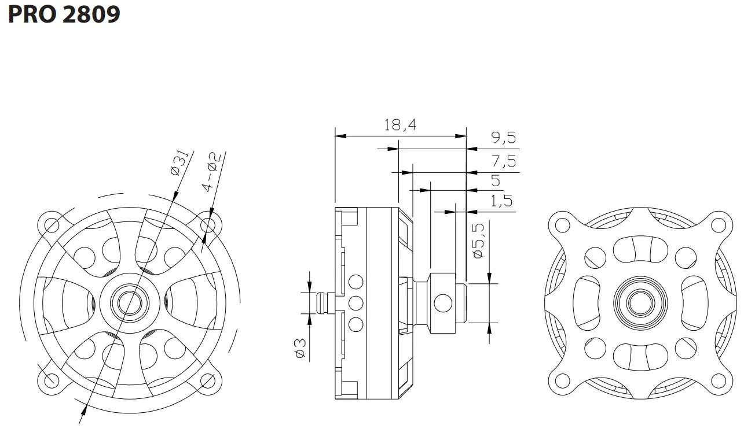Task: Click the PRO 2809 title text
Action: pyautogui.click(x=64, y=13)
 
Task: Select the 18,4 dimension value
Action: pyautogui.click(x=401, y=125)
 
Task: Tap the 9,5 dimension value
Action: pyautogui.click(x=503, y=138)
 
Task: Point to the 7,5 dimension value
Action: pyautogui.click(x=503, y=161)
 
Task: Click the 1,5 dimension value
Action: pyautogui.click(x=501, y=201)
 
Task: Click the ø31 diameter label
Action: pyautogui.click(x=178, y=162)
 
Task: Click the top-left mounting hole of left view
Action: pyautogui.click(x=50, y=224)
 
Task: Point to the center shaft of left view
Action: pyautogui.click(x=130, y=301)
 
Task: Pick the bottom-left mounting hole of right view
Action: pyautogui.click(x=560, y=380)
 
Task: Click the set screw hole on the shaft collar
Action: pyautogui.click(x=443, y=302)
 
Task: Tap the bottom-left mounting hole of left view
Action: pyautogui.click(x=50, y=379)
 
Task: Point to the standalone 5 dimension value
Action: pyautogui.click(x=496, y=180)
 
